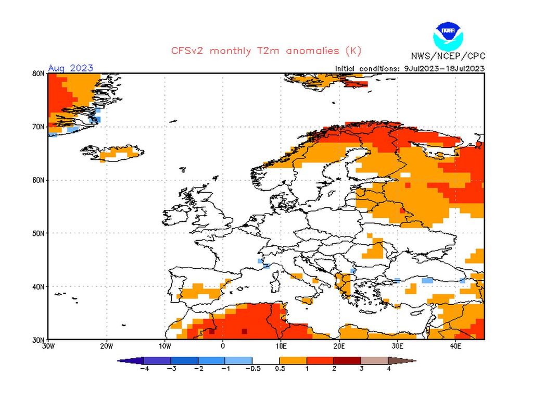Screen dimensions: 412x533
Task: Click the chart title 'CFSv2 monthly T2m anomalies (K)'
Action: point(266,51)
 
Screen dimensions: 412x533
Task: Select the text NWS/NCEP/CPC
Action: point(448,56)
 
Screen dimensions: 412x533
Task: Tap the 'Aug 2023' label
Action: point(71,68)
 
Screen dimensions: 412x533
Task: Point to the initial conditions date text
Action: point(410,68)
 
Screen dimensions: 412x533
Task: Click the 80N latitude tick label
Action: point(37,73)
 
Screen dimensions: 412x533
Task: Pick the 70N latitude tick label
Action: point(37,127)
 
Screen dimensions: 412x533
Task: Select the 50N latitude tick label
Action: point(37,233)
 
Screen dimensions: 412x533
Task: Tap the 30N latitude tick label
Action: point(37,339)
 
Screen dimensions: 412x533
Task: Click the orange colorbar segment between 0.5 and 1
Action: point(293,360)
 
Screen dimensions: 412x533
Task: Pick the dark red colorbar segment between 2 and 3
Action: point(347,360)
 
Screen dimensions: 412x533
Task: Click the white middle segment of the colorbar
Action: point(265,360)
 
